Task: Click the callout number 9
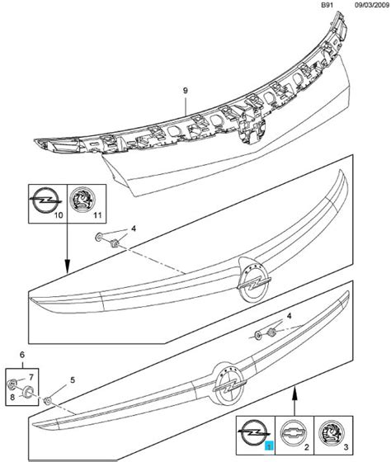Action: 185,91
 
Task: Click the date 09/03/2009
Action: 371,5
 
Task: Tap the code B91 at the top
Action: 327,5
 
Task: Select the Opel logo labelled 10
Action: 45,200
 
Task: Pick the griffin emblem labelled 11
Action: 82,199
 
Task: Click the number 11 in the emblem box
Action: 97,215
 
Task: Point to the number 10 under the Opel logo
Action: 59,215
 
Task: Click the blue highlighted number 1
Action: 269,445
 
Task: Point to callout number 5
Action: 73,380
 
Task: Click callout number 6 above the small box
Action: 22,355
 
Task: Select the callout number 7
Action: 31,377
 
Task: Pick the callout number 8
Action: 12,397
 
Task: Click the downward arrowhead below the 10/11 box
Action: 67,266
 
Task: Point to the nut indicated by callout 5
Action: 48,401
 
